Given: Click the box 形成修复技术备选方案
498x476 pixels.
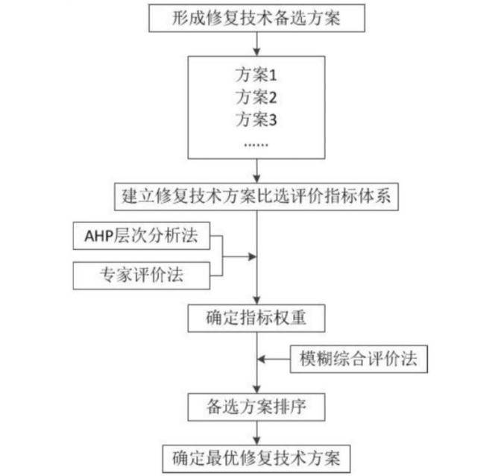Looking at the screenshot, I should [256, 18].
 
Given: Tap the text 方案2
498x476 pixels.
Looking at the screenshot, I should [256, 98].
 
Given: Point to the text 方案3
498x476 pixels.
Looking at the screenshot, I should [256, 119].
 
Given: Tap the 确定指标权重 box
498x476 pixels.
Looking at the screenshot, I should [256, 319].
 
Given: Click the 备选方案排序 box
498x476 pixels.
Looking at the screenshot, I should [256, 407].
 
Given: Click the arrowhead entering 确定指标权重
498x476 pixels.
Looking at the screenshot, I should [256, 299].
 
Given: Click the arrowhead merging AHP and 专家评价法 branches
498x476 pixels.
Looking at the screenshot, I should [252, 257].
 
